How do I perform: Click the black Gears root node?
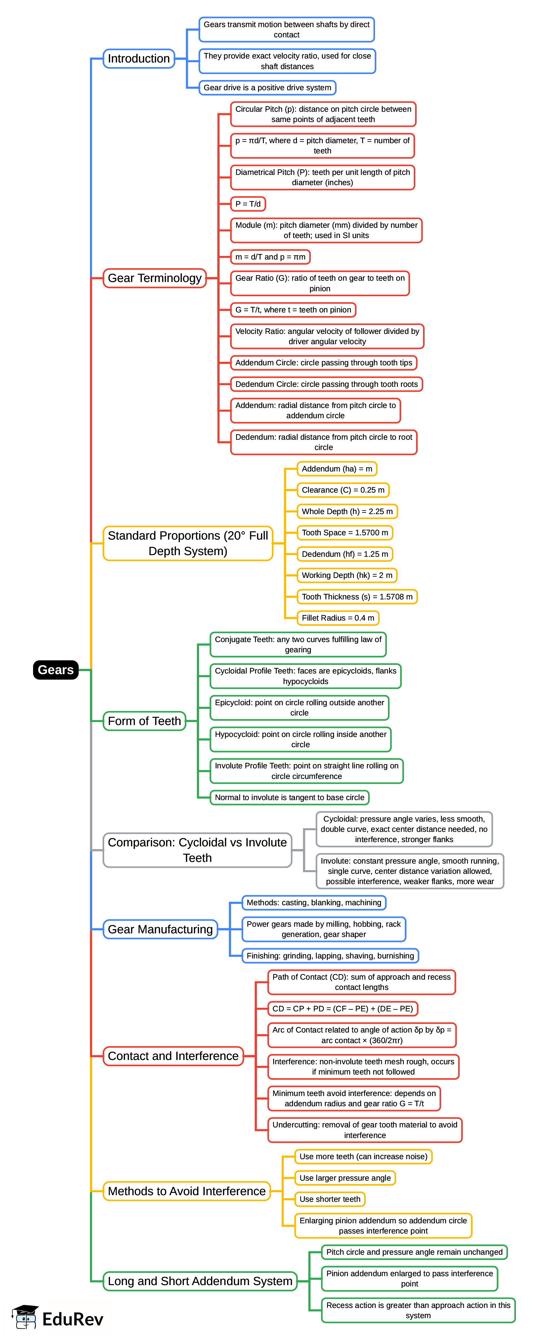point(56,670)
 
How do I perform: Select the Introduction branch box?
point(139,58)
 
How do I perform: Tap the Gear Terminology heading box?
point(154,278)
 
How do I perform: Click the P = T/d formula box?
point(248,204)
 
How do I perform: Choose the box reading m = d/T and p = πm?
point(270,257)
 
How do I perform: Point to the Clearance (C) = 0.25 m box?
point(343,490)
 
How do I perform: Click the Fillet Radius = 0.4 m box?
point(338,618)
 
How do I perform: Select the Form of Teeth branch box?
point(144,721)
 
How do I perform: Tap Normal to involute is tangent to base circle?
point(289,797)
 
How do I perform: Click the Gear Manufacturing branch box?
point(160,929)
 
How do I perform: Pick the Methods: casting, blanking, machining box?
point(314,903)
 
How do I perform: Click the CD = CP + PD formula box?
point(342,1009)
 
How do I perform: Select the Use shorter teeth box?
point(330,1199)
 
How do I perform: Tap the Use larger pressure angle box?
point(345,1178)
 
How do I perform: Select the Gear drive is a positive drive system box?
point(267,87)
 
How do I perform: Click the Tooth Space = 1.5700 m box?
point(345,533)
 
